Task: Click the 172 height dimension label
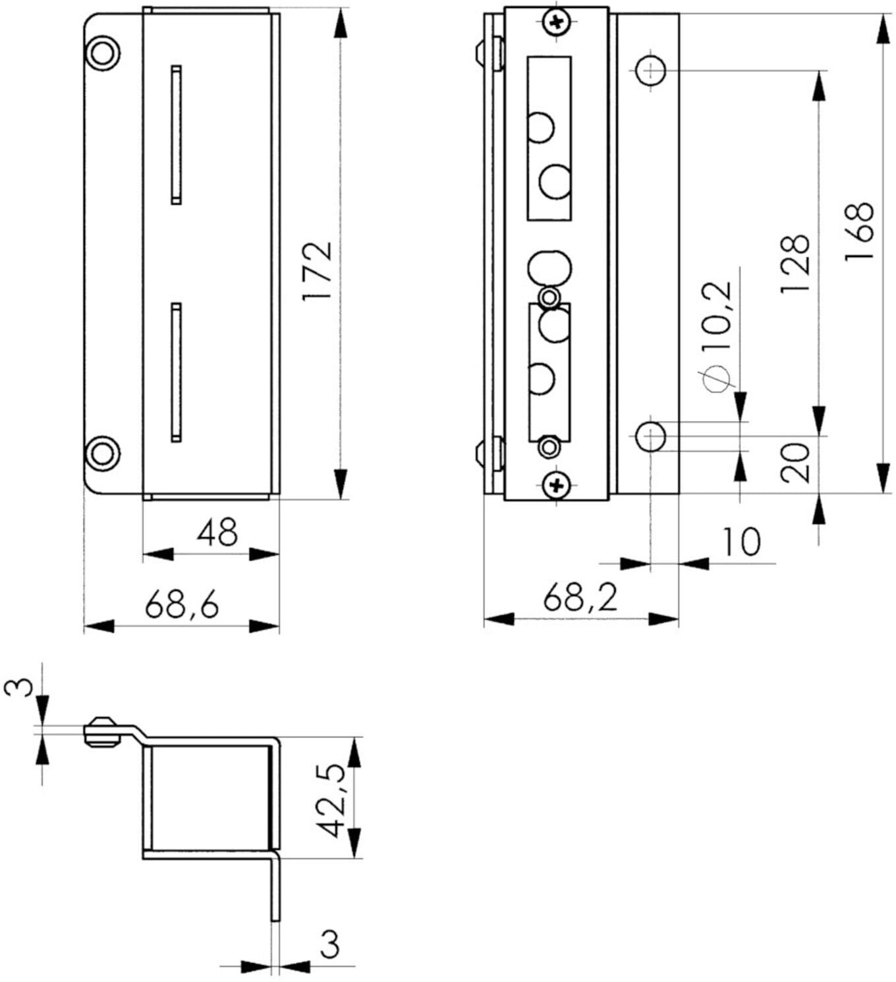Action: pyautogui.click(x=317, y=271)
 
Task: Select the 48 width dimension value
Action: pyautogui.click(x=217, y=532)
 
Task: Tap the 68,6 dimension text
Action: pyautogui.click(x=182, y=604)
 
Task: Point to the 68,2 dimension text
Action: pyautogui.click(x=580, y=596)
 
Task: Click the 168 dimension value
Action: pyautogui.click(x=859, y=231)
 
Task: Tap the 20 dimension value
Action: pyautogui.click(x=795, y=463)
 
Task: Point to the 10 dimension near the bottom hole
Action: pyautogui.click(x=742, y=542)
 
